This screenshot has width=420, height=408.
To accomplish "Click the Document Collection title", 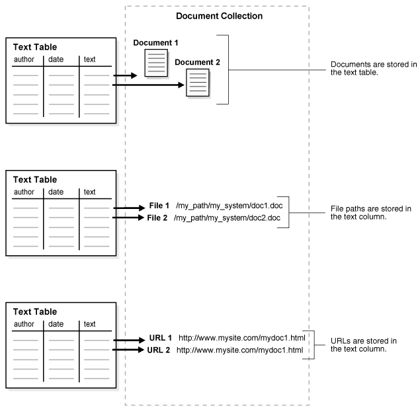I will [219, 16].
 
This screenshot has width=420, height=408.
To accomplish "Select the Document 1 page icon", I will [157, 63].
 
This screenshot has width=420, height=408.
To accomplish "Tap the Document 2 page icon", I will [198, 83].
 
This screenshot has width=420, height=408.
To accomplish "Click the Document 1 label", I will [156, 43].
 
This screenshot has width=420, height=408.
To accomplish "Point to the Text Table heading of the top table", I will [35, 48].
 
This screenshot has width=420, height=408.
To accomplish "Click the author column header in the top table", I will [24, 60].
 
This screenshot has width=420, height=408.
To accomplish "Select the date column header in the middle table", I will [56, 192].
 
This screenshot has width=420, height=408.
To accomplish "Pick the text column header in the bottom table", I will [89, 324].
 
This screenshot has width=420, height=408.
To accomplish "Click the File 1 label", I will [159, 206].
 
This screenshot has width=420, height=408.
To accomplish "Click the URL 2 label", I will [159, 349].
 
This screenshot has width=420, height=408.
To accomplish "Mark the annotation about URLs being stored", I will [364, 344].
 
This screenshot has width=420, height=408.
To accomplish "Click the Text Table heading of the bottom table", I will [35, 312].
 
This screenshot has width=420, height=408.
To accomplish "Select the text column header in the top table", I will [89, 60].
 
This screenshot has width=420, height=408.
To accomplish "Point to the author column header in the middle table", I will [24, 192].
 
